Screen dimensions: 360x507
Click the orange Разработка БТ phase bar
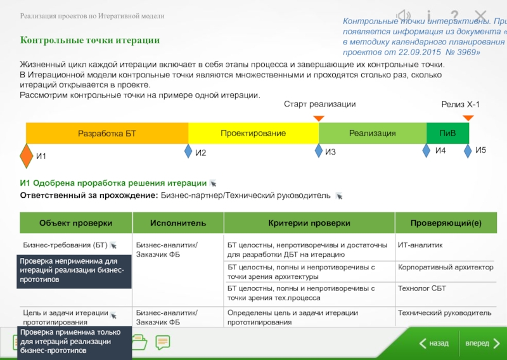tap(107, 134)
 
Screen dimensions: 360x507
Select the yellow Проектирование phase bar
tap(253, 134)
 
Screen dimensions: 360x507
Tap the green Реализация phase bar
tap(372, 134)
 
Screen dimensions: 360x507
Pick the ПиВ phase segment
tap(447, 134)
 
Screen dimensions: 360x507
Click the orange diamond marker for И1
tap(26, 155)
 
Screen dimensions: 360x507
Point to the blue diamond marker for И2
tap(188, 151)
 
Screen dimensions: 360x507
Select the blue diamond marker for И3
tap(319, 151)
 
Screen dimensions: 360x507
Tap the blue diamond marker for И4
tap(427, 151)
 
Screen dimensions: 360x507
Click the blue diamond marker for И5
tap(468, 151)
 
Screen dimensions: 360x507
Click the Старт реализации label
tap(319, 104)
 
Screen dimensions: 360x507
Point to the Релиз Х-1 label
tap(460, 104)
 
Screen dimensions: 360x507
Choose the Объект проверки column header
tap(75, 223)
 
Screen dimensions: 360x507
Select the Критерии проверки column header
tap(309, 223)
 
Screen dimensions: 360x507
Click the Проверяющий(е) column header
tap(446, 223)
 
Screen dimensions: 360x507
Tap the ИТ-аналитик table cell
tap(420, 245)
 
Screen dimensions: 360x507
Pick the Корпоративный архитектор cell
tap(446, 267)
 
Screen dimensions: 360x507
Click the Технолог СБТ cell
tap(422, 289)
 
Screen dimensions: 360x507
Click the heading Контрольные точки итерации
tap(90, 41)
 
